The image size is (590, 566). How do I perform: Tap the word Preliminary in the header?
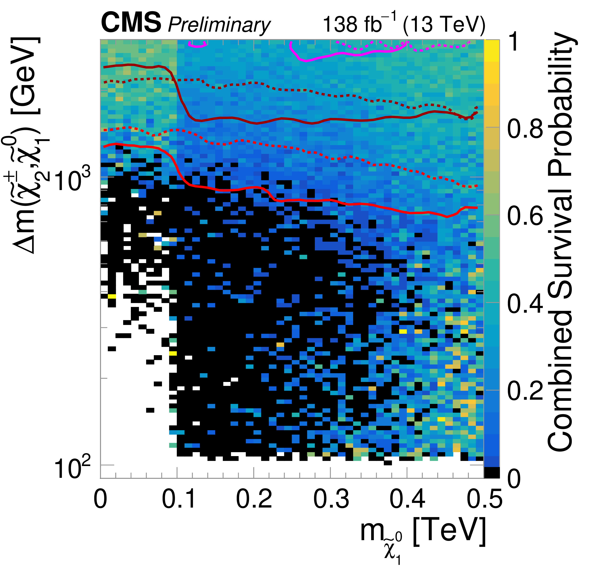coord(219,25)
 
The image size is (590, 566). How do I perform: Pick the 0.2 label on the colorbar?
coord(525,391)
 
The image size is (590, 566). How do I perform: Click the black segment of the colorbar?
coord(492,472)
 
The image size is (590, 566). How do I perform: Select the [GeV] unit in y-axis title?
coord(26,75)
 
